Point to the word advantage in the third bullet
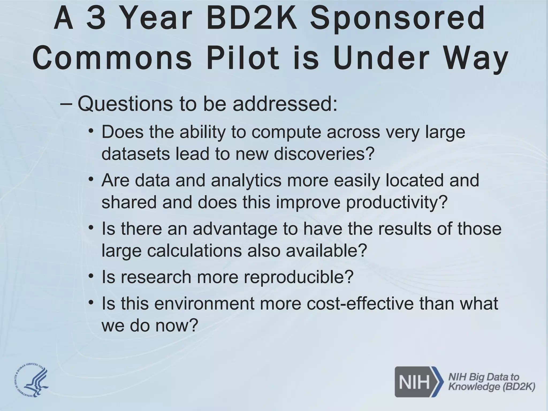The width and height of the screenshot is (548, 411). pyautogui.click(x=235, y=229)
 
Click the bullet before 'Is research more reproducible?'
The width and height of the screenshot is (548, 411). pyautogui.click(x=91, y=276)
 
